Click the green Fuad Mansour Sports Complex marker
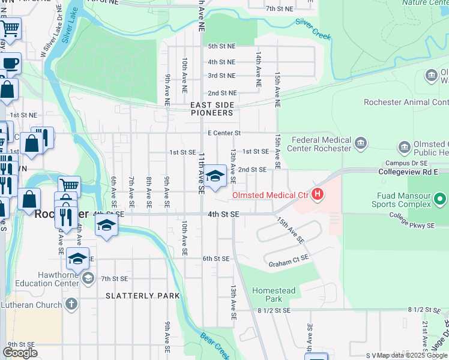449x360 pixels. (441, 199)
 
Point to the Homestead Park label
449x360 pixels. (274, 295)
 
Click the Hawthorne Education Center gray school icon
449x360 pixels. (88, 277)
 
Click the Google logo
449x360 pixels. (20, 353)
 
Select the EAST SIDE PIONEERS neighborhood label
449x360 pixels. (211, 109)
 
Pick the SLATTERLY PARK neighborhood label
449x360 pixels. (142, 296)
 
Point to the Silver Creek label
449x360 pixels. (313, 28)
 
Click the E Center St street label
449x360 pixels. (224, 133)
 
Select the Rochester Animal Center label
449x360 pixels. (406, 102)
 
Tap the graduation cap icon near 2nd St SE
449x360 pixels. (215, 176)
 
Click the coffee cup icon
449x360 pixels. (10, 64)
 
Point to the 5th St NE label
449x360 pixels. (221, 46)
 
